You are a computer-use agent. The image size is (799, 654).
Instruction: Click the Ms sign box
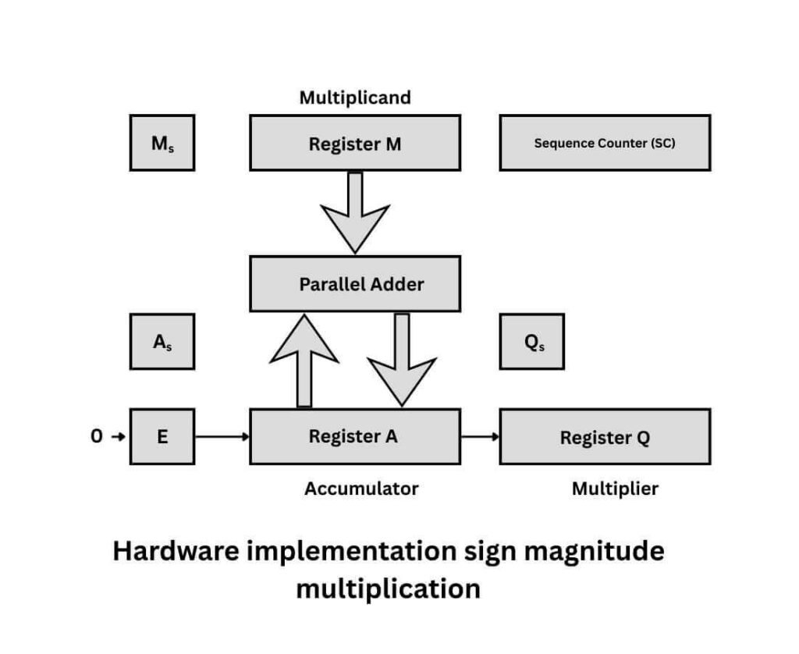[x=162, y=143]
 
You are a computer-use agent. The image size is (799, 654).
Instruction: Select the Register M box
[x=354, y=143]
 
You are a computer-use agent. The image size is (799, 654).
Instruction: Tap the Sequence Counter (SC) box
[x=604, y=143]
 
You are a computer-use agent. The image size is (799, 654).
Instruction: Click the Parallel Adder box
[x=354, y=284]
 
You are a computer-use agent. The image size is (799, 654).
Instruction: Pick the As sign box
[x=162, y=342]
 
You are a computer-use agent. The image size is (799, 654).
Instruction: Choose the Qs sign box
[x=531, y=342]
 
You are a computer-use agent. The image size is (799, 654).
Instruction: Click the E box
[x=162, y=436]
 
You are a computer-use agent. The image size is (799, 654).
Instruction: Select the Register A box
[x=354, y=436]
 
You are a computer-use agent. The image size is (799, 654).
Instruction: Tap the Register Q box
[x=604, y=436]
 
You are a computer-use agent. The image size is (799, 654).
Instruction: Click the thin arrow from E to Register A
[x=222, y=436]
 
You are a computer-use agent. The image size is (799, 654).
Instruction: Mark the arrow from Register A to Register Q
[x=479, y=436]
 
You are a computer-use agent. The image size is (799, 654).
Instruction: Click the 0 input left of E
[x=97, y=437]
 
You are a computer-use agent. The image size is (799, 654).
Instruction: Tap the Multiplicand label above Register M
[x=354, y=98]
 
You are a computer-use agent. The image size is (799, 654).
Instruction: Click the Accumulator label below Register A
[x=361, y=489]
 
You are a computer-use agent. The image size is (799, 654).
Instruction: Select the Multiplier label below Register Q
[x=615, y=489]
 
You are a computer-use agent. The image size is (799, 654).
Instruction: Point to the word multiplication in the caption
[x=388, y=588]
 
